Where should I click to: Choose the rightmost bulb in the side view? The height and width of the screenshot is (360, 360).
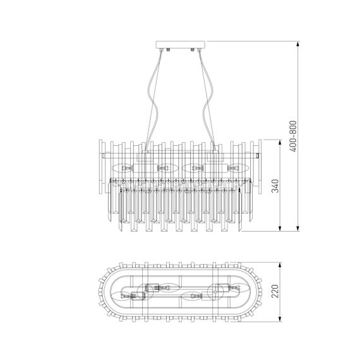[237, 169]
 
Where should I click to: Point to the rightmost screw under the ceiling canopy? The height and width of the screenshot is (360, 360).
[195, 49]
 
